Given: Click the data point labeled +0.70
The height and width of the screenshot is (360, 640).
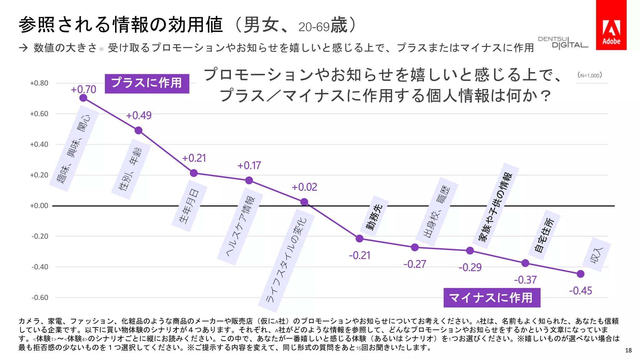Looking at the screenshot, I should pyautogui.click(x=83, y=98).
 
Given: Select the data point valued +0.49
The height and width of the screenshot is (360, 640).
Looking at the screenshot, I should pyautogui.click(x=138, y=130).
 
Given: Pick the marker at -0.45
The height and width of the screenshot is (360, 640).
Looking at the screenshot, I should pyautogui.click(x=580, y=274).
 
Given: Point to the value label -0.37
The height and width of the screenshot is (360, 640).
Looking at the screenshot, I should pyautogui.click(x=525, y=280).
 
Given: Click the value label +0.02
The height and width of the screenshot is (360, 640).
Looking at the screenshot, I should pyautogui.click(x=304, y=187).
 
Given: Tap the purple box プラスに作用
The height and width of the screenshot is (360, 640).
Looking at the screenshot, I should pyautogui.click(x=147, y=83).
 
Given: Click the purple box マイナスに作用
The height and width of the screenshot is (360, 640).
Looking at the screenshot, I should pyautogui.click(x=492, y=297).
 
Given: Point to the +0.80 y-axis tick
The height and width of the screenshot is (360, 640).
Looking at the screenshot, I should pyautogui.click(x=39, y=83).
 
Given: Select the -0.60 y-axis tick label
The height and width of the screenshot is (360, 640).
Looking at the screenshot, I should pyautogui.click(x=40, y=297).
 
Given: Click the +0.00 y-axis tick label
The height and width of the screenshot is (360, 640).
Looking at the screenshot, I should pyautogui.click(x=39, y=206).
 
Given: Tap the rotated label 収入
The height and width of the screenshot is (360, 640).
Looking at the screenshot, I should pyautogui.click(x=597, y=255).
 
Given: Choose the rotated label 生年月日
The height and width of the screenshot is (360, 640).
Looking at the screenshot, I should pyautogui.click(x=189, y=206).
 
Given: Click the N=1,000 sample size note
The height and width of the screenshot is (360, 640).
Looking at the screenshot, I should pyautogui.click(x=589, y=75).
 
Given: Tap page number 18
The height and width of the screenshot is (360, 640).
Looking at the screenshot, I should pyautogui.click(x=628, y=350).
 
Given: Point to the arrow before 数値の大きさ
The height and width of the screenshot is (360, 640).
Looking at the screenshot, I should pyautogui.click(x=23, y=48).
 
